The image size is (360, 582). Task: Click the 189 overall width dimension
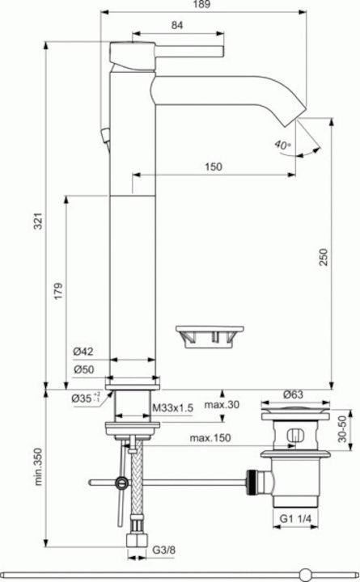[201, 5]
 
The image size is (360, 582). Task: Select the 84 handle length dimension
[177, 25]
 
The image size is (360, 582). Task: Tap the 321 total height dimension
[39, 221]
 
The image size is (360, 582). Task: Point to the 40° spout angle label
[283, 144]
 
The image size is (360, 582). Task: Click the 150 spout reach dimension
[214, 167]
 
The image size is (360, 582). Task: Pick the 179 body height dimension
[59, 291]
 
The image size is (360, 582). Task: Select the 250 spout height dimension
[324, 257]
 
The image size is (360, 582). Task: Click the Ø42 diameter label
[83, 351]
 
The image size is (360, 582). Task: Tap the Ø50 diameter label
[83, 369]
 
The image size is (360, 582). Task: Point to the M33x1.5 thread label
[173, 408]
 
